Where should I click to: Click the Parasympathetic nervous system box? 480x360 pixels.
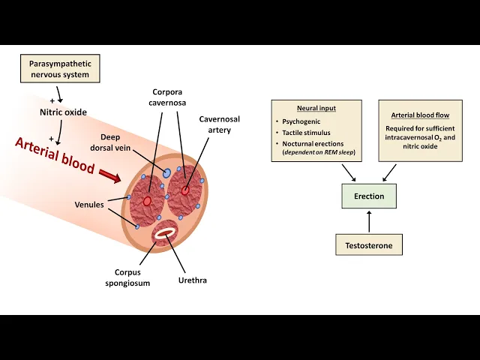pos(59,69)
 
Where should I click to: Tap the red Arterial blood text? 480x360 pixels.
pos(55,155)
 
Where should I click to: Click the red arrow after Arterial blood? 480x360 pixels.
pos(109,175)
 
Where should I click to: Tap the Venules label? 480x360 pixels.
pos(90,203)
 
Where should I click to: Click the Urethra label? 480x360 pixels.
pos(193,280)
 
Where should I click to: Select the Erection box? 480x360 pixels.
pos(369,196)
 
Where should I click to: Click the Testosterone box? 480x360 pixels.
pos(369,244)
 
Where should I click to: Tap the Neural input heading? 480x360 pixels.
pos(316,108)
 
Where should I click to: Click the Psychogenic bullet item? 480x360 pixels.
pos(301,121)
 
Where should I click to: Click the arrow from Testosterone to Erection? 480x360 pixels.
pos(369,221)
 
